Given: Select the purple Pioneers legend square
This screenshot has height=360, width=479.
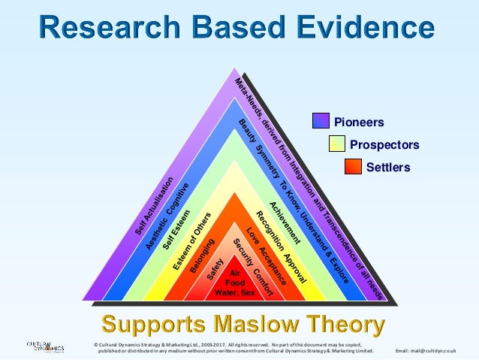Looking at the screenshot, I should click(x=321, y=121).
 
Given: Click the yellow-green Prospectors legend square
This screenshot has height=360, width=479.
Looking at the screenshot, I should click(x=337, y=144).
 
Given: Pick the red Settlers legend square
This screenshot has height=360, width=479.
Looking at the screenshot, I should click(x=353, y=167).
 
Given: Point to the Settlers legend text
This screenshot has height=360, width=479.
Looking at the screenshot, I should click(x=388, y=167).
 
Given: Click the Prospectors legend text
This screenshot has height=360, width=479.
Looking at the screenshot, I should click(x=384, y=144).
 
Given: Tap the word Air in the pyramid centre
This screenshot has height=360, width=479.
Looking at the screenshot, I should click(x=234, y=273).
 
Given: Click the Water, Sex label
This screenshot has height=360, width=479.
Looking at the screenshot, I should click(x=235, y=292).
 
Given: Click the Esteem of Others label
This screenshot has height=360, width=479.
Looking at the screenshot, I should click(x=190, y=241).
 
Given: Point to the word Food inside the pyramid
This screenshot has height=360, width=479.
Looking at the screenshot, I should click(x=235, y=283).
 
